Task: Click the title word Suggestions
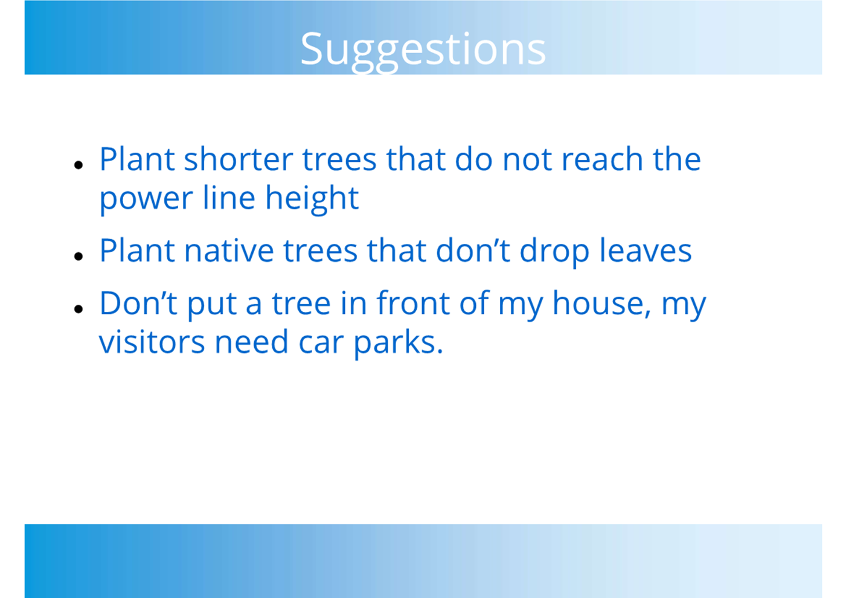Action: [423, 51]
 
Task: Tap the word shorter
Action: [239, 159]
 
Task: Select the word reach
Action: [603, 159]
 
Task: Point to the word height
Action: [312, 199]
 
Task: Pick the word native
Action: [229, 250]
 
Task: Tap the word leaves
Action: [646, 250]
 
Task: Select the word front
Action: [413, 302]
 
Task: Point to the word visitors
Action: [152, 342]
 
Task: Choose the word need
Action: [252, 342]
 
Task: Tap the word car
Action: [321, 343]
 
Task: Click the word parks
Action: [399, 344]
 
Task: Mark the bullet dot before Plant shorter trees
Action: [79, 165]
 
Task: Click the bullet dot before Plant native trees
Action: [79, 256]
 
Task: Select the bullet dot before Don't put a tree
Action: [79, 309]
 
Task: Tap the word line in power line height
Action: [229, 197]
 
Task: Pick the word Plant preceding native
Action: [137, 250]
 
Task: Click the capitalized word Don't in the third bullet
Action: [139, 302]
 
